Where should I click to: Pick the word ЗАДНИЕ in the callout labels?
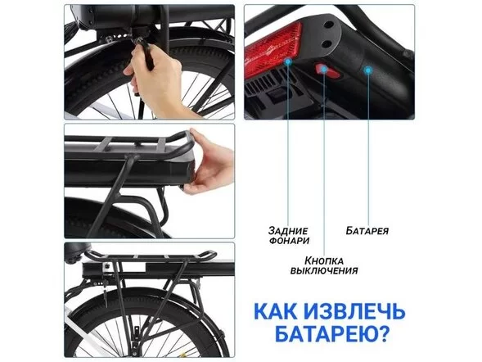click(285, 230)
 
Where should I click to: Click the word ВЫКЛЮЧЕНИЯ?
click(323, 269)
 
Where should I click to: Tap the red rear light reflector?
click(271, 52)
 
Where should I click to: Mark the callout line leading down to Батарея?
click(367, 147)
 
